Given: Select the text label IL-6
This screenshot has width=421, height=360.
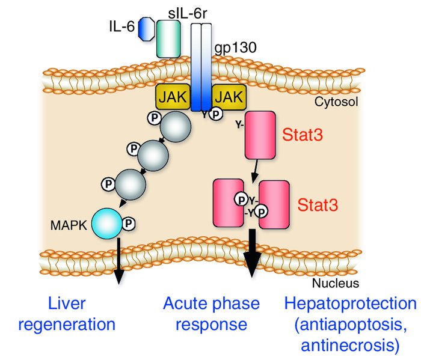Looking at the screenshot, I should [x=122, y=27].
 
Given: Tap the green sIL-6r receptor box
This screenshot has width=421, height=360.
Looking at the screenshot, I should [x=168, y=38].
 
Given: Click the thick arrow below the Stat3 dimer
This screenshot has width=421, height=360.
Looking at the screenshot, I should [x=252, y=258].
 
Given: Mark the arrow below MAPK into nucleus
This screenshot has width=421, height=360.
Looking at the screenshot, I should [x=118, y=258].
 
